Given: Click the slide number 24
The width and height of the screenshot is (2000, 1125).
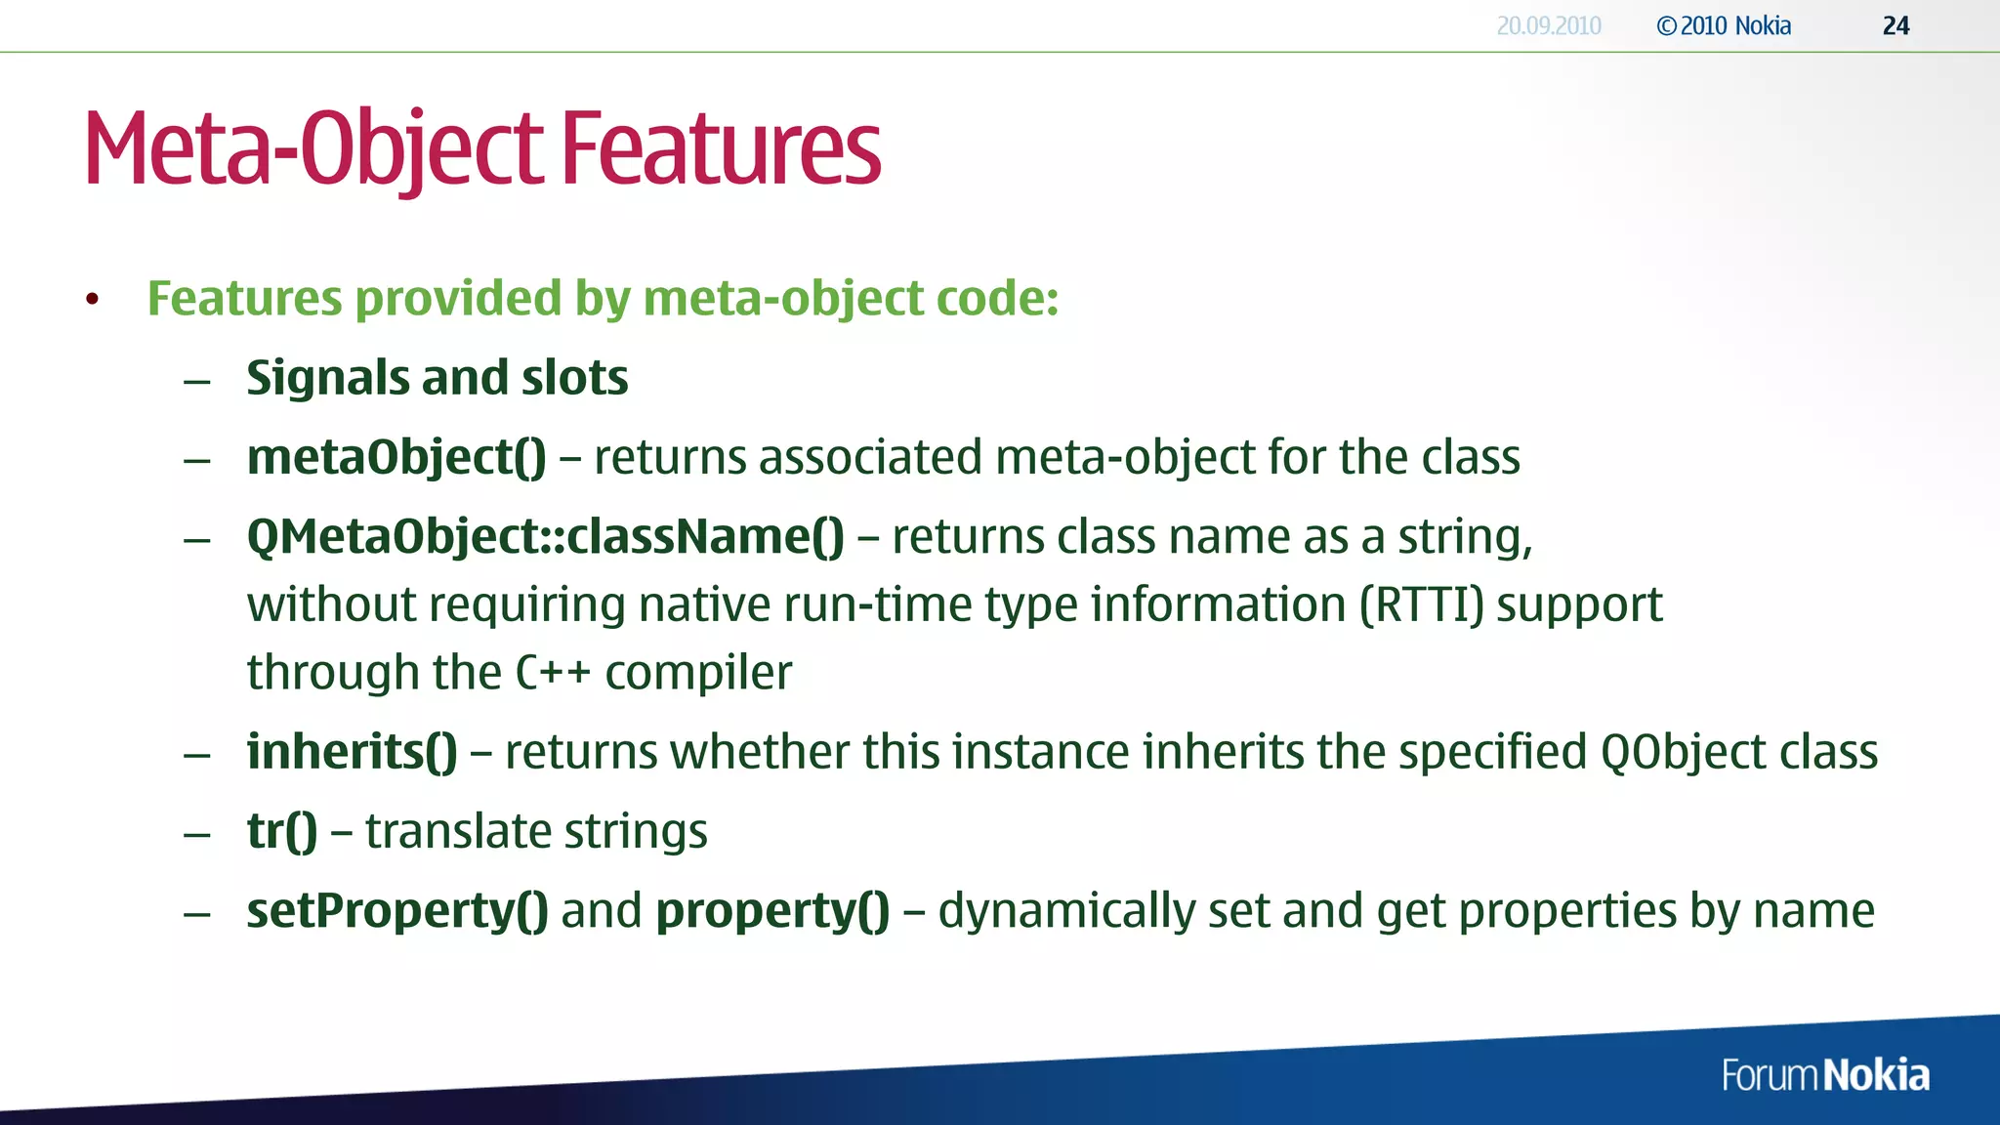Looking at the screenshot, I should tap(1896, 25).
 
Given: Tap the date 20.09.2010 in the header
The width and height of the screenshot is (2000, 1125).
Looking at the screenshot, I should tap(1549, 25).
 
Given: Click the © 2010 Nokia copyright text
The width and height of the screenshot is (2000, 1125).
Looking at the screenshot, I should tap(1724, 25).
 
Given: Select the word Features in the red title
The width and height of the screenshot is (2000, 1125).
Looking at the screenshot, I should tap(721, 148).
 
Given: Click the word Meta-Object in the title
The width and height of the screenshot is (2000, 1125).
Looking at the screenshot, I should tap(313, 148).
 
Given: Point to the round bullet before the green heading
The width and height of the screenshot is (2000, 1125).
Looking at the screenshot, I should tap(92, 299).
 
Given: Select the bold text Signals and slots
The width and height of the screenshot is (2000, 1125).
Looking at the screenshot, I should tap(437, 378).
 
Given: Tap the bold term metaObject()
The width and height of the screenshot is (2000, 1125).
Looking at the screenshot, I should tap(396, 457).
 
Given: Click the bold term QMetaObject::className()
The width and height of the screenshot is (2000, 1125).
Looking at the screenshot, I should tap(545, 537).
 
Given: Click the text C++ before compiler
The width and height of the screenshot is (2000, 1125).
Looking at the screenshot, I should tap(553, 673).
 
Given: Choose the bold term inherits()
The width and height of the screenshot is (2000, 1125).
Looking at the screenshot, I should tap(352, 752).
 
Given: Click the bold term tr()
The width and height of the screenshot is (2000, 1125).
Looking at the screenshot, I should tap(282, 832).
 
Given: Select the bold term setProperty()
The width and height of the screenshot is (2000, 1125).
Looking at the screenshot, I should tap(396, 911).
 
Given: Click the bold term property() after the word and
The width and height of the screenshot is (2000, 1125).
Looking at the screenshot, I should tap(772, 911).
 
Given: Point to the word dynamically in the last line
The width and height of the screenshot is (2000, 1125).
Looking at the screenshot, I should tap(1065, 911).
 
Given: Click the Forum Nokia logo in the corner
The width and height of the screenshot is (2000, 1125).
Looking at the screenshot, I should tap(1824, 1075).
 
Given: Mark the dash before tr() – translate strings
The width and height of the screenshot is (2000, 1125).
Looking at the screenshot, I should tap(197, 834).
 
